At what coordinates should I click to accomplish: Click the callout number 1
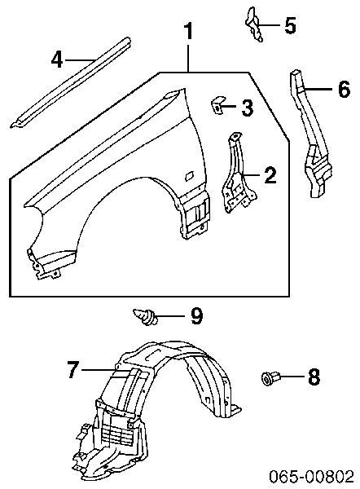coord(188,32)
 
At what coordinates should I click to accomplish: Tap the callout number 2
coord(270,175)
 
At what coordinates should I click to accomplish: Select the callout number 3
coord(247,108)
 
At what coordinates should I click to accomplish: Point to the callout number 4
coord(57,59)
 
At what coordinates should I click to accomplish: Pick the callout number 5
coord(290,25)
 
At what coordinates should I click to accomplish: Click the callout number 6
coord(345,89)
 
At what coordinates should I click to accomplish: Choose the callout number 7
coord(72,370)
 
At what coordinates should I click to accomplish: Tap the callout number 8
coord(314,377)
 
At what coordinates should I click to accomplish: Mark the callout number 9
coord(196,315)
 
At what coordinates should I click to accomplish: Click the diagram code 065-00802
coord(312,477)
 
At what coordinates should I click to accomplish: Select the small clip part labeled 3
coord(217,105)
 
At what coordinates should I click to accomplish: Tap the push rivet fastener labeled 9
coord(146,316)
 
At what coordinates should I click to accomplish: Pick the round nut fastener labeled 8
coord(269,377)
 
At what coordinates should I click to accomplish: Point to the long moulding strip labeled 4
coord(70,83)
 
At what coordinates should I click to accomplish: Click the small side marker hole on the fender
coord(189,177)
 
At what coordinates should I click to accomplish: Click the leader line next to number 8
coord(292,377)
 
